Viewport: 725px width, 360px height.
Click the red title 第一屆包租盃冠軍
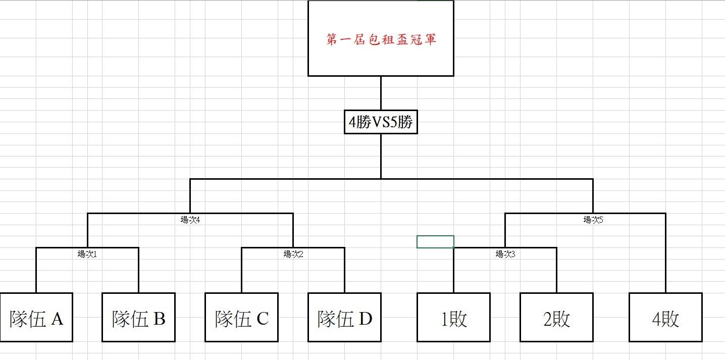tap(381, 39)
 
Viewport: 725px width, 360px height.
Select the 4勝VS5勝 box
tap(381, 122)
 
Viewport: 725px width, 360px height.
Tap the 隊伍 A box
tap(36, 317)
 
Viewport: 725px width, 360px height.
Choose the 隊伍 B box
tap(138, 317)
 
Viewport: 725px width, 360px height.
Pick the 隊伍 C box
tap(241, 317)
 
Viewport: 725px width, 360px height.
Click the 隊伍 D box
tap(344, 317)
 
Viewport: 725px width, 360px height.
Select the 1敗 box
tap(453, 317)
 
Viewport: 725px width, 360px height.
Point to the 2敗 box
tap(556, 317)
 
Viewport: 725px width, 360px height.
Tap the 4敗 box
tap(665, 317)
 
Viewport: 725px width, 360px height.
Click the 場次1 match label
tap(87, 254)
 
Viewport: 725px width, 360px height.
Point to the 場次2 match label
tap(293, 254)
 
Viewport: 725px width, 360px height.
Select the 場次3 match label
tap(505, 254)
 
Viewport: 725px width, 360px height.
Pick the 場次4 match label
tap(190, 220)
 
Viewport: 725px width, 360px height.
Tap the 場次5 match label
tap(593, 220)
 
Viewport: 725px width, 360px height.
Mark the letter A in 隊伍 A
tap(57, 319)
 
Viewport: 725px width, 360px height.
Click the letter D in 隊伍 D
tap(365, 319)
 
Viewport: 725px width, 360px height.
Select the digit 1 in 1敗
tap(444, 319)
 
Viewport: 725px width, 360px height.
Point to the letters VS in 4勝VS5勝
tap(381, 122)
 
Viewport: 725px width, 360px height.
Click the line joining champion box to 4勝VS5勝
tap(381, 93)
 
